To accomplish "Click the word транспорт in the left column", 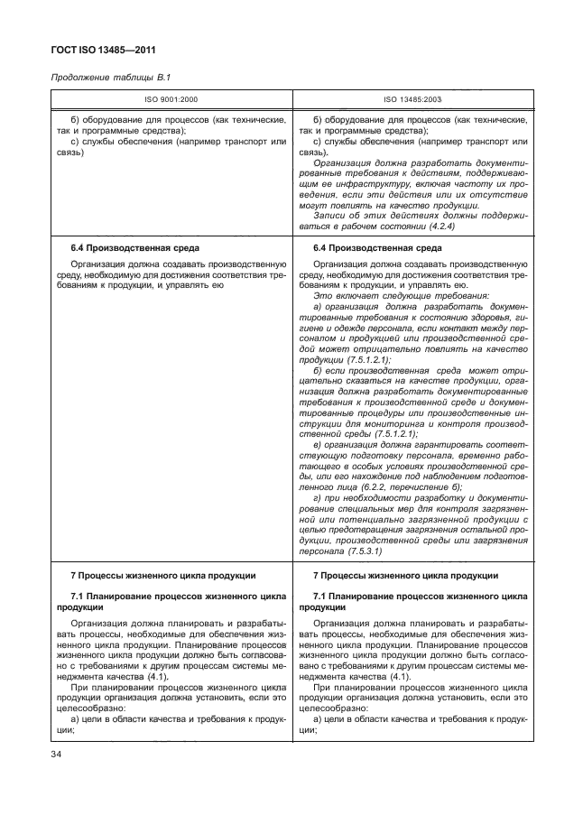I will point(238,142).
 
